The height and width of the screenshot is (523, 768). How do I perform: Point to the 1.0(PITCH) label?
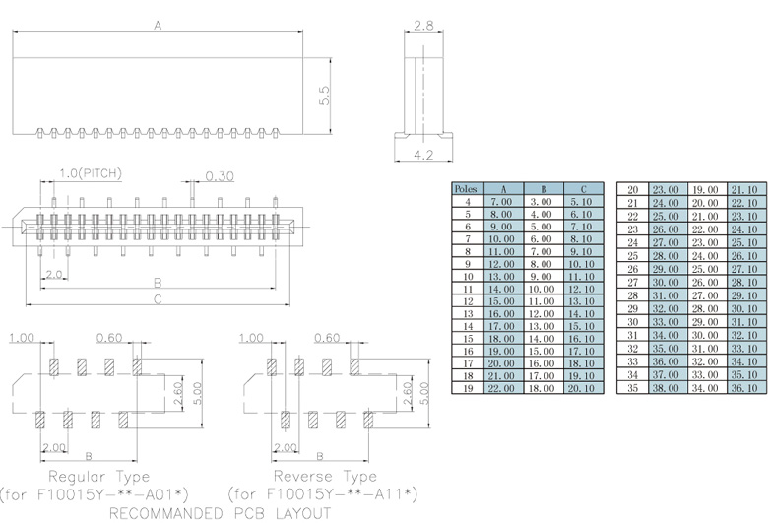coord(91,174)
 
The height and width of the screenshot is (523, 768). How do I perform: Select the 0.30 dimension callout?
coord(219,177)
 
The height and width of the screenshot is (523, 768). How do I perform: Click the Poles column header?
coord(466,188)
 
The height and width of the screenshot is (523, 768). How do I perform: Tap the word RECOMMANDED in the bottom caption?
coord(162,512)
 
